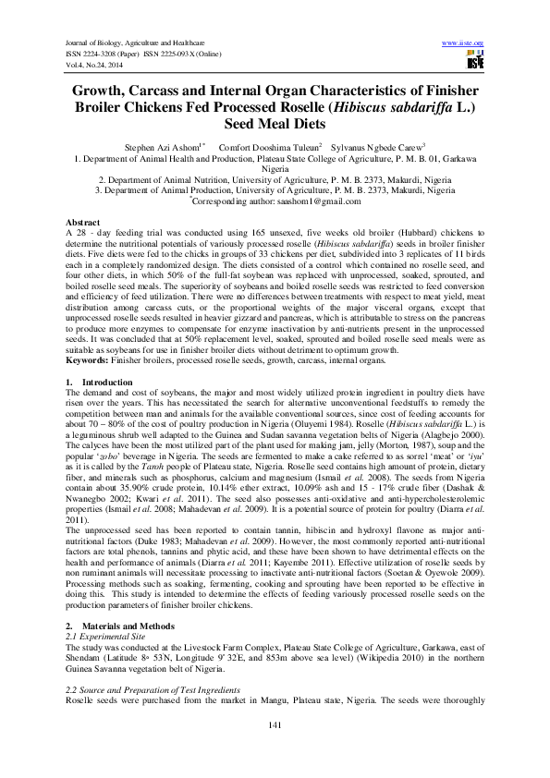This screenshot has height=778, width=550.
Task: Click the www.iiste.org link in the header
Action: pos(463,43)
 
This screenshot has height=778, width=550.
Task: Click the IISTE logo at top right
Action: pos(474,62)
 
